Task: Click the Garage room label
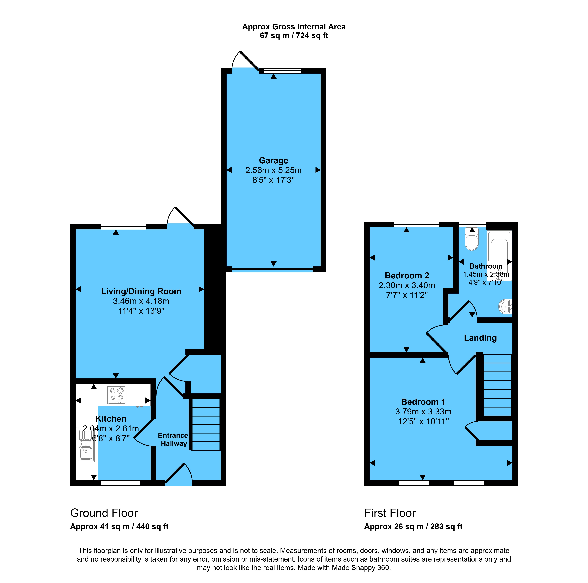tap(273, 160)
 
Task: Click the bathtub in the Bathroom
tap(499, 255)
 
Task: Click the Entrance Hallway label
tap(173, 439)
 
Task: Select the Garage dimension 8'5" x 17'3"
tap(273, 180)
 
